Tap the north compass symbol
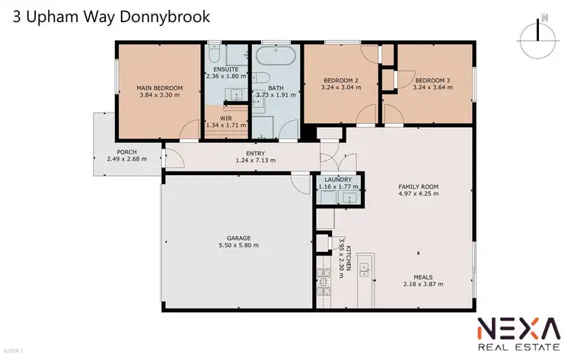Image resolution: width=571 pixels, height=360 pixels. click(x=538, y=32)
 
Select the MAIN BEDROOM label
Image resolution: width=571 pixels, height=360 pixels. click(x=156, y=88)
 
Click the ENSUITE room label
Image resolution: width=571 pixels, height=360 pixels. click(x=226, y=69)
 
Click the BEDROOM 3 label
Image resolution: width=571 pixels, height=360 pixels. click(x=432, y=79)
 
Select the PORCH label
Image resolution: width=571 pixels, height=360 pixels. click(x=126, y=151)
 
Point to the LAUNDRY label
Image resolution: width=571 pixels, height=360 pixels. click(x=338, y=179)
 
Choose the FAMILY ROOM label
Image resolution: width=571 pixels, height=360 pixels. click(x=419, y=186)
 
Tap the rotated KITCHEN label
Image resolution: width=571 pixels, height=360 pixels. click(x=349, y=257)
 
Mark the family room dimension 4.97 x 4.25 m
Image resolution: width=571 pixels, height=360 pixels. click(x=419, y=193)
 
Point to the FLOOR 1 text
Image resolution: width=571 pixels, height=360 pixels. click(x=14, y=350)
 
